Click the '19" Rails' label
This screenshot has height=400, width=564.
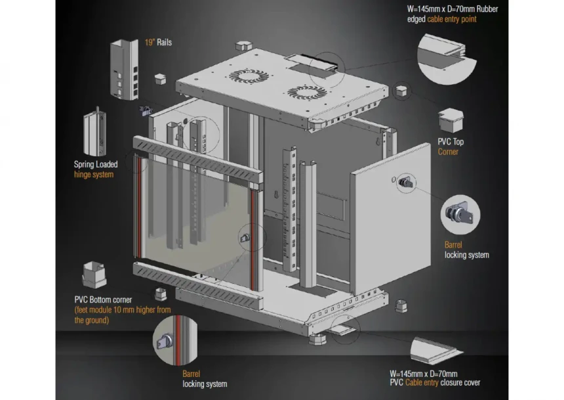[x=158, y=42]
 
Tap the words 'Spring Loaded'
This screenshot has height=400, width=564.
[x=96, y=164]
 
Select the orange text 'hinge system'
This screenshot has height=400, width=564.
[x=94, y=175]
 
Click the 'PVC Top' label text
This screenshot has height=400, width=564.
[x=451, y=142]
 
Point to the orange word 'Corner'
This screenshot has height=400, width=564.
[x=448, y=152]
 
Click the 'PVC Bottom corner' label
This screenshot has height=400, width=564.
[x=103, y=300]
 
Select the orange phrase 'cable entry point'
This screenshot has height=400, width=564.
[x=452, y=19]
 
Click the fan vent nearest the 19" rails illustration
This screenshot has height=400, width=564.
[x=249, y=76]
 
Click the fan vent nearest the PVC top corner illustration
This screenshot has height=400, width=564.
[x=307, y=93]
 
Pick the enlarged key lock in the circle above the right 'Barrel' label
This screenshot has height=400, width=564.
[x=459, y=214]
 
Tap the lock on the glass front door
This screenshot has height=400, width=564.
[x=245, y=238]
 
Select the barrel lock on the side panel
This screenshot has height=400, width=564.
[x=405, y=183]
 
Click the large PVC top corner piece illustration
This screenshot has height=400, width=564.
[x=451, y=120]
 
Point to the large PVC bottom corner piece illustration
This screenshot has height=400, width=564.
[x=94, y=275]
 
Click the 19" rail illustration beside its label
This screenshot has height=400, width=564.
[x=125, y=70]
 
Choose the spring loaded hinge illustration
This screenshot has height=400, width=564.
[x=95, y=132]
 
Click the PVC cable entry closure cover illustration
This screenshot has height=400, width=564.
[x=436, y=349]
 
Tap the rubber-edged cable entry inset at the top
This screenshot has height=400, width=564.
[x=447, y=58]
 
